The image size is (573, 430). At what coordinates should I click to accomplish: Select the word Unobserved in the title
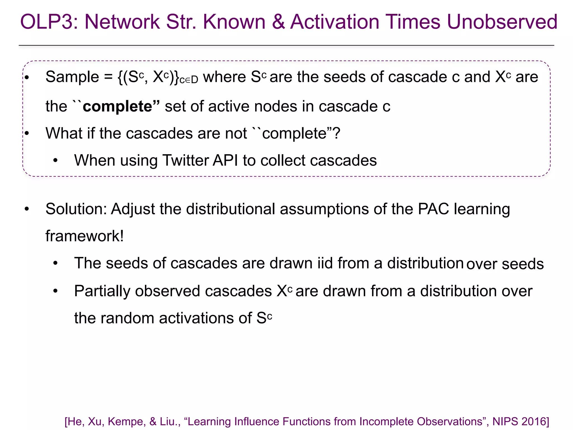(x=502, y=22)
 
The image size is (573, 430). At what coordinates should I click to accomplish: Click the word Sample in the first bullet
(x=72, y=77)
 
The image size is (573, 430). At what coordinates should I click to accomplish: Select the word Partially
(x=102, y=291)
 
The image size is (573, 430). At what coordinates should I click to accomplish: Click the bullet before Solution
(x=27, y=209)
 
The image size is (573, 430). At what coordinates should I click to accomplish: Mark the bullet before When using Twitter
(x=55, y=160)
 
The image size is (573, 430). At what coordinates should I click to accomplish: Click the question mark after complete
(x=337, y=133)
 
